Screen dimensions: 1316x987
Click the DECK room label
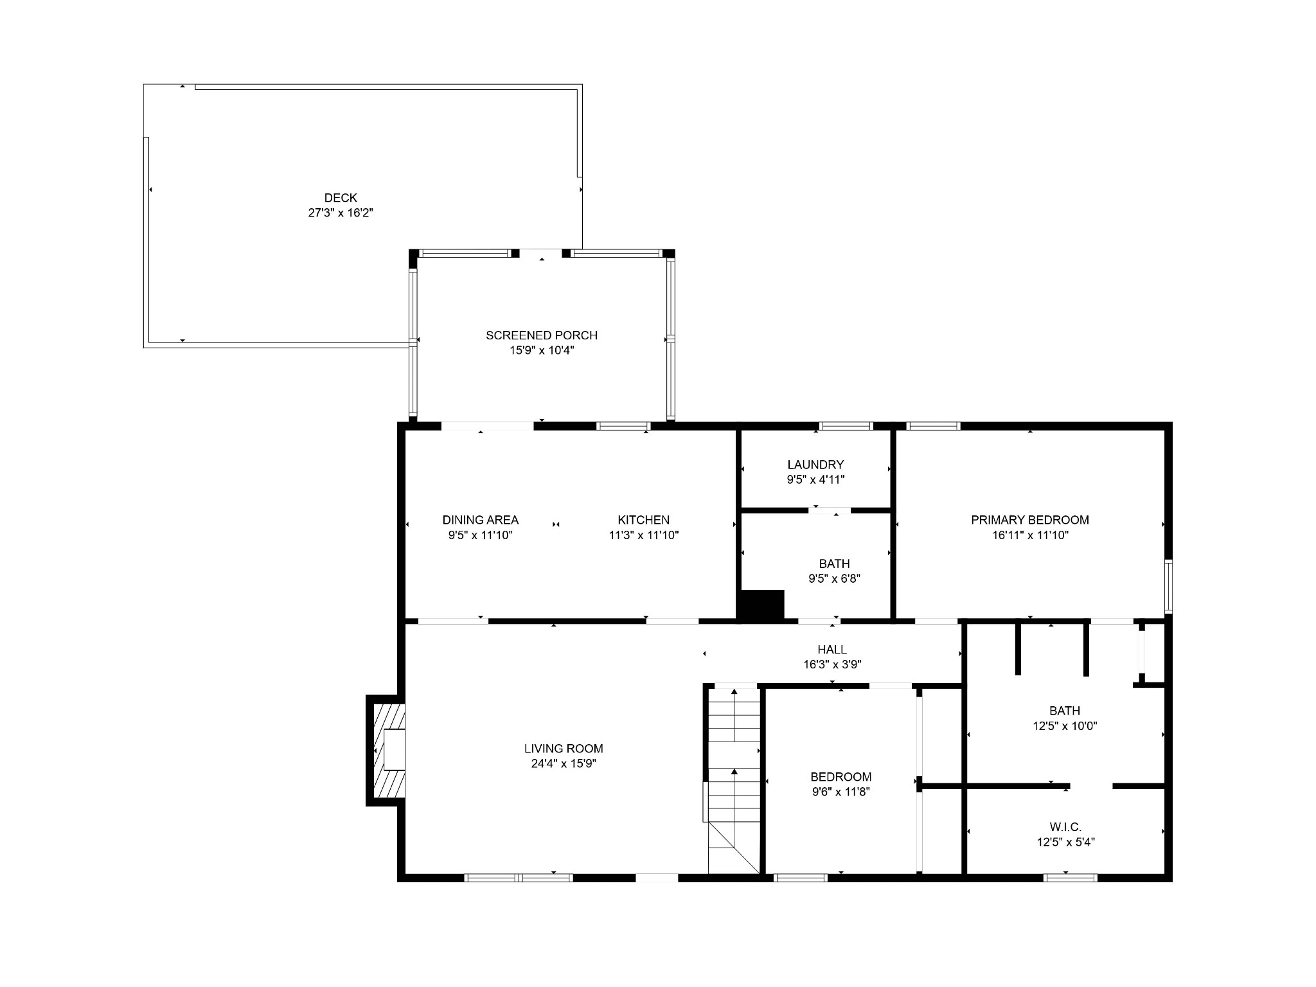pos(341,198)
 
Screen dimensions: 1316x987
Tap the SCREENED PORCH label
pos(542,335)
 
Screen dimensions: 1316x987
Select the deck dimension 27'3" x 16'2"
pos(341,213)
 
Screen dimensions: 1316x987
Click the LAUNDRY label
pos(815,465)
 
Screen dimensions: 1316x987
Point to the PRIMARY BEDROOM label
pos(1030,520)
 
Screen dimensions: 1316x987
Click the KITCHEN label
pos(644,520)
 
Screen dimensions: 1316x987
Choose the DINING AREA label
pos(481,520)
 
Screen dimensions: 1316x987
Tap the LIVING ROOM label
pos(564,749)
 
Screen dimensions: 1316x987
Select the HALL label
pos(832,650)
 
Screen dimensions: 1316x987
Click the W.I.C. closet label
pos(1065,827)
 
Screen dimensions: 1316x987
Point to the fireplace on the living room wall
pos(386,750)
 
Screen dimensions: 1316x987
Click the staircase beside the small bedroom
pos(734,781)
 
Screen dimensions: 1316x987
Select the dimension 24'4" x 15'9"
pos(564,763)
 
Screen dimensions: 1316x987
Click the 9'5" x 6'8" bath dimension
pos(834,578)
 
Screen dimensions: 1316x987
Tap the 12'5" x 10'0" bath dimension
pos(1065,726)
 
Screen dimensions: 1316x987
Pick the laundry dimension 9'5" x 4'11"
pos(815,479)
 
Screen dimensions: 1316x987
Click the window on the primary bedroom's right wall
pos(1169,586)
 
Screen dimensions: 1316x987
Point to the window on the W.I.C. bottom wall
pos(1071,878)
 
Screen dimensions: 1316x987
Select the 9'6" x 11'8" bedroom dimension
pos(840,792)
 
